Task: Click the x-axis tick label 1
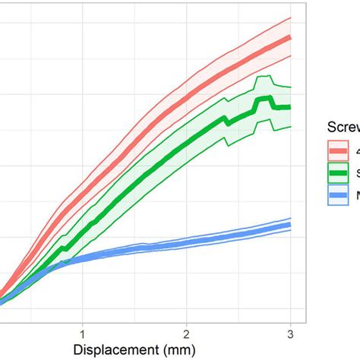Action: tap(82, 335)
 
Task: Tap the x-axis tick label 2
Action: tap(186, 335)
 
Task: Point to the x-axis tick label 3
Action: tap(291, 335)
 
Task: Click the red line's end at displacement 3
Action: tap(291, 37)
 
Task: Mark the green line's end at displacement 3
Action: tap(291, 107)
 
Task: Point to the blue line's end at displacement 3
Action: tap(291, 225)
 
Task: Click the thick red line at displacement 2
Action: tap(186, 101)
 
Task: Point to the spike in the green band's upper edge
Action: tap(264, 77)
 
